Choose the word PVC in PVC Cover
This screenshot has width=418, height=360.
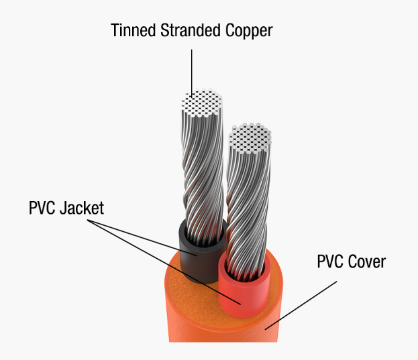330,261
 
